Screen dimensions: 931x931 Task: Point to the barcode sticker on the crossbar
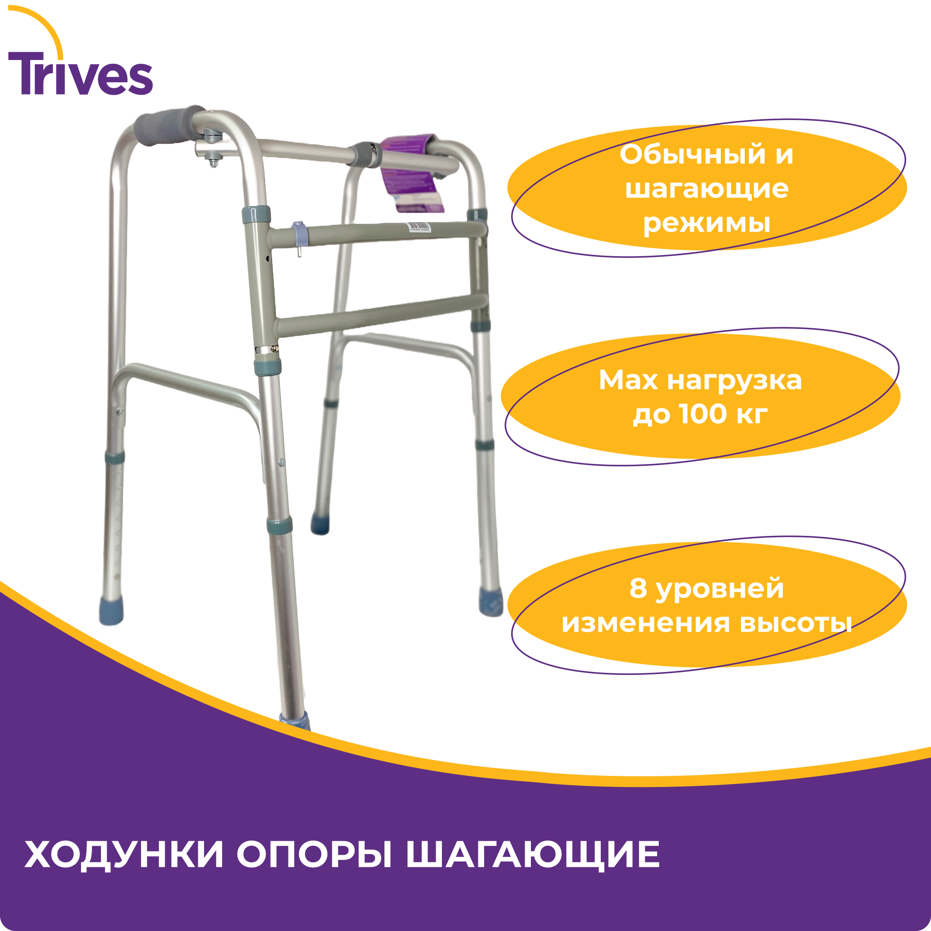click(x=418, y=227)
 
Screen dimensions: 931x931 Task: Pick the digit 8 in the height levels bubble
click(x=638, y=589)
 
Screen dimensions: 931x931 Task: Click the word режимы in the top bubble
click(x=706, y=223)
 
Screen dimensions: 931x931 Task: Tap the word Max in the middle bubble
click(x=628, y=381)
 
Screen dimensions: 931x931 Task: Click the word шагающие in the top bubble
click(x=706, y=190)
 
